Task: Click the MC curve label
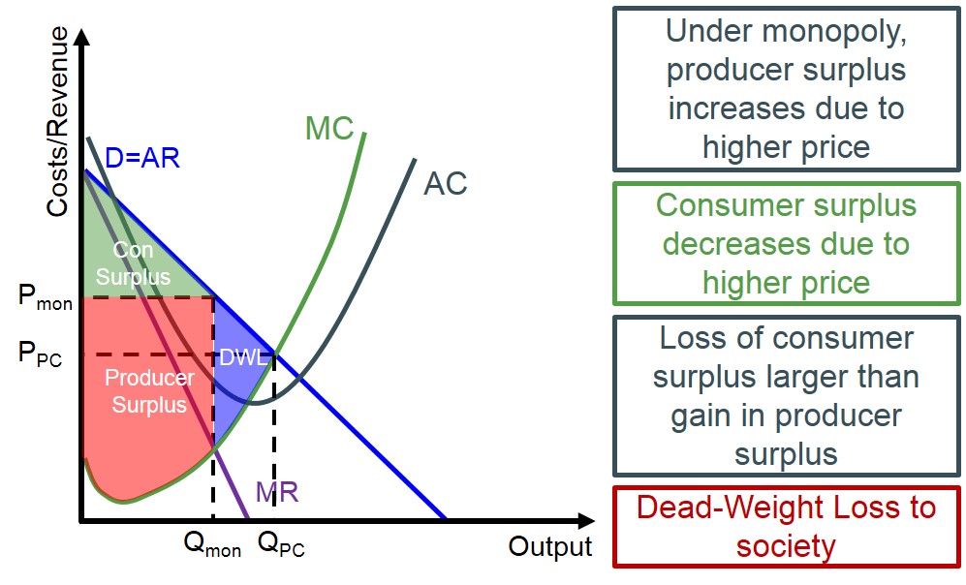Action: (329, 128)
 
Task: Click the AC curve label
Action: (446, 183)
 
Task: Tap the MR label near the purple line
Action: (277, 492)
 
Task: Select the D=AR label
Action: (142, 157)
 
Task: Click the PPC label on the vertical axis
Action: (41, 355)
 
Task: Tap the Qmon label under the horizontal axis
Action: (212, 545)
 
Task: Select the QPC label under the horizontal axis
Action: (281, 545)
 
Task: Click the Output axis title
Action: (549, 546)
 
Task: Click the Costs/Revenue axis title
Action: (58, 121)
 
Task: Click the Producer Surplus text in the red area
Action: (149, 390)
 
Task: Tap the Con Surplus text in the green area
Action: (134, 263)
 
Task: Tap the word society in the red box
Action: (786, 546)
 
